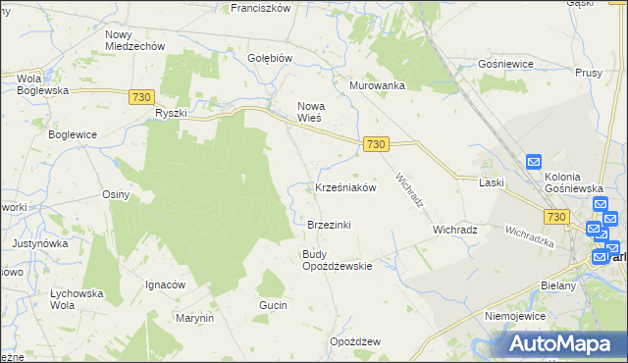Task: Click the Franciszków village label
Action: point(260,7)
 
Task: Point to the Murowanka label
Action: point(378,85)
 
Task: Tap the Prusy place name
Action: point(589,74)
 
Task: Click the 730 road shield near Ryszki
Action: point(141,95)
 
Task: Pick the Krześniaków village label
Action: point(345,187)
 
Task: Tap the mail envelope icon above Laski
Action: point(534,162)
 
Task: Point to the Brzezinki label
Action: point(329,225)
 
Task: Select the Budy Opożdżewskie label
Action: point(337,260)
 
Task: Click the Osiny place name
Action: point(116,194)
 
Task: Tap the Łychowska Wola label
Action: point(78,298)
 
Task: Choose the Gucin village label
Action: point(273,306)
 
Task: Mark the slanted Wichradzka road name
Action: point(530,236)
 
